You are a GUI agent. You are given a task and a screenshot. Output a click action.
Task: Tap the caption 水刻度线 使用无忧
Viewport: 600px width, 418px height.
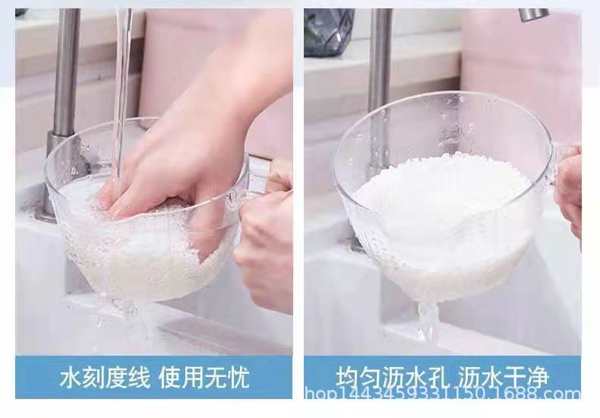[154, 378]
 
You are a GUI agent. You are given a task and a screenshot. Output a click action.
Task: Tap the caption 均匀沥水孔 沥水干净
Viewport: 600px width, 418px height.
[443, 378]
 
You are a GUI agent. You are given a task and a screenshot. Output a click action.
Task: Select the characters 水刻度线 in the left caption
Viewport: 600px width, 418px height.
[103, 378]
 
